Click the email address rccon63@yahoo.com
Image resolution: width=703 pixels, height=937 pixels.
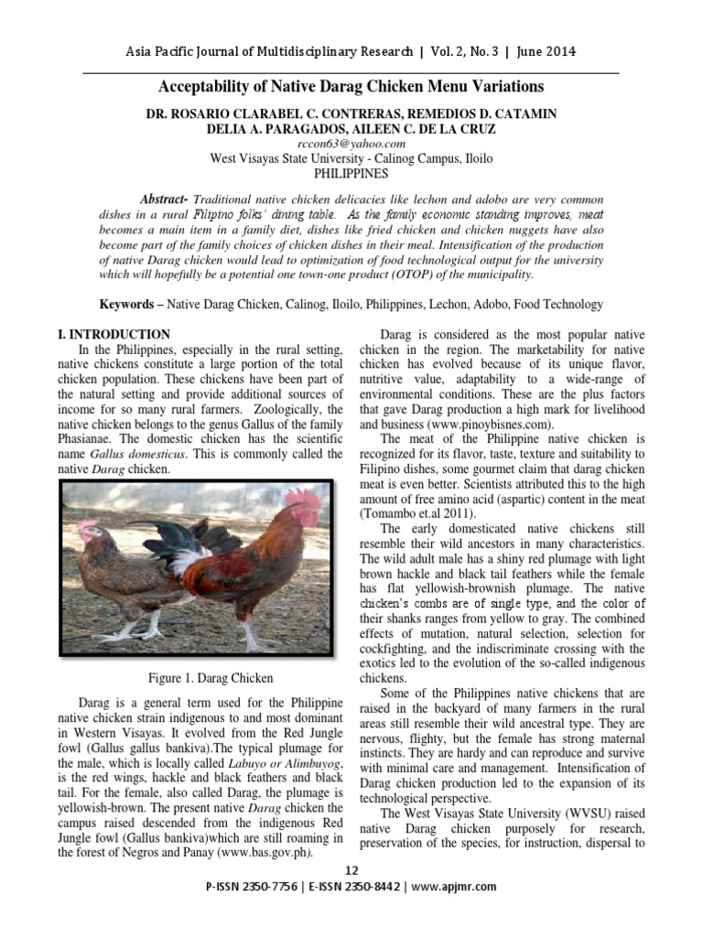(351, 145)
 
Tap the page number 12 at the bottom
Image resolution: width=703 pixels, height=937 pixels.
(351, 869)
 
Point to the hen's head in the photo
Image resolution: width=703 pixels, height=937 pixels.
(88, 531)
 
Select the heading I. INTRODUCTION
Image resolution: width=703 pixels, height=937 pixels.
(114, 335)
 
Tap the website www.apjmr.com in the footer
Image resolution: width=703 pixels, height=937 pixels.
(455, 887)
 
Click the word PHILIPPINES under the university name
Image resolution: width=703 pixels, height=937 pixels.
(351, 172)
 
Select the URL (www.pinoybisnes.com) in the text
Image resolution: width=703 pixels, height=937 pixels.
(481, 425)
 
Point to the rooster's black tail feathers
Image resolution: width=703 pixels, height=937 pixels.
(165, 540)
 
